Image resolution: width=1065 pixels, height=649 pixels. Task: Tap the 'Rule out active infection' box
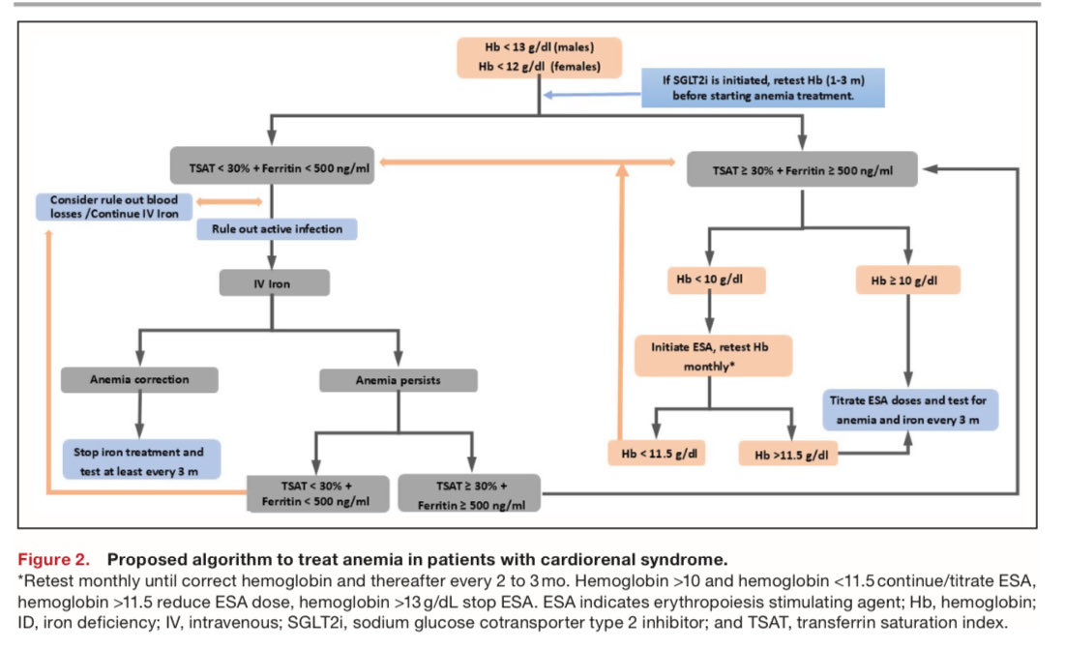(x=276, y=230)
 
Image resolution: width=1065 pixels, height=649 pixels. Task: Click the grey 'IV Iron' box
(x=274, y=282)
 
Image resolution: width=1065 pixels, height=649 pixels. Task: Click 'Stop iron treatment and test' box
(x=141, y=458)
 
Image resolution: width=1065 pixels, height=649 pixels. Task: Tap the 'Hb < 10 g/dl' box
(x=715, y=280)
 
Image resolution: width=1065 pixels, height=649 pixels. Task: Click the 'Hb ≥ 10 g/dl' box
(x=908, y=280)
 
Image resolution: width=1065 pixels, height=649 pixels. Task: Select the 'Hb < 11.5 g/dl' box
(x=656, y=453)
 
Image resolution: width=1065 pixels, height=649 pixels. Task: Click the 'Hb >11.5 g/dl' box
(x=786, y=453)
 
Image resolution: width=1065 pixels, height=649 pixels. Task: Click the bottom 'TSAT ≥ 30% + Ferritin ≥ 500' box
(x=469, y=492)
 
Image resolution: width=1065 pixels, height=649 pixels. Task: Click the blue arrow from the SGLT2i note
(x=592, y=94)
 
